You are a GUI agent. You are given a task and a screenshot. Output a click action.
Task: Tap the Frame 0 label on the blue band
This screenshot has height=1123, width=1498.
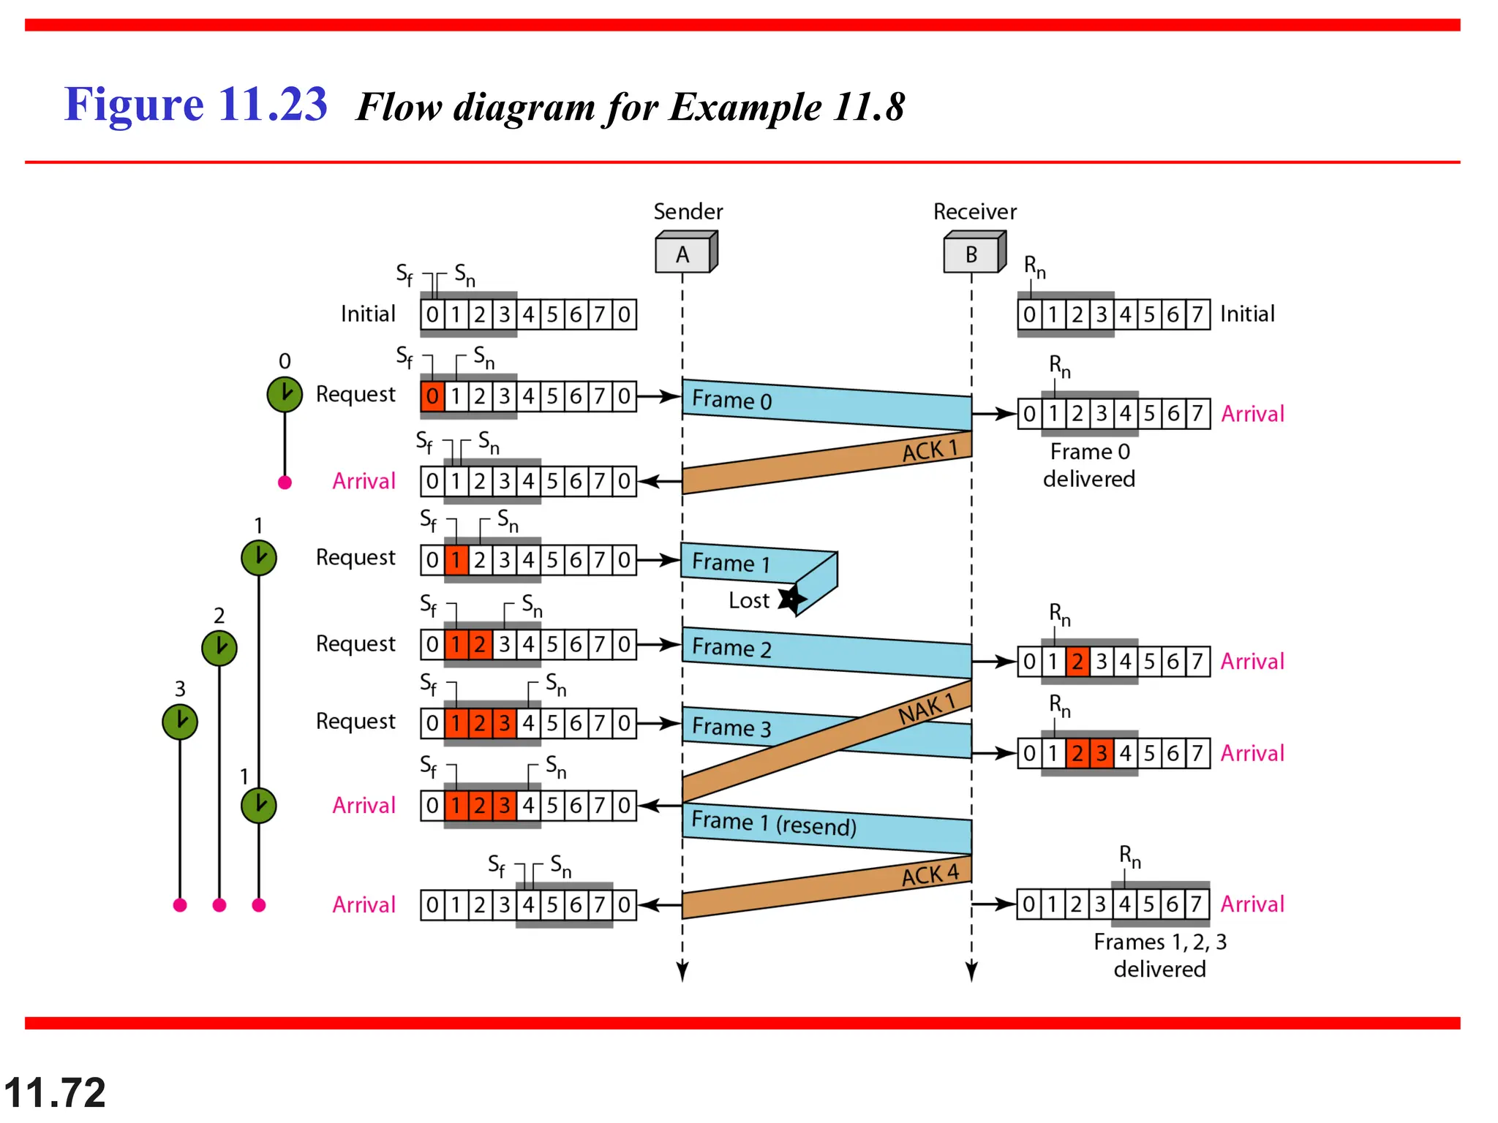pos(731,400)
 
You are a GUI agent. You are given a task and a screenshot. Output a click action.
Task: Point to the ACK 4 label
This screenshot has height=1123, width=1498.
pos(929,874)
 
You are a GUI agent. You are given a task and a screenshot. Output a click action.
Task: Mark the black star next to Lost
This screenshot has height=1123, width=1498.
pos(791,600)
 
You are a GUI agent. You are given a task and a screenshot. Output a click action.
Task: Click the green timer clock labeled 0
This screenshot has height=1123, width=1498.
pos(285,395)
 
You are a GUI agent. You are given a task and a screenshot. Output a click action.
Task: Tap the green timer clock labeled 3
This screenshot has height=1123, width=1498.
pos(180,722)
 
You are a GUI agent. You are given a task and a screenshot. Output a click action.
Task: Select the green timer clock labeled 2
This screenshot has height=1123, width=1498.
pos(219,648)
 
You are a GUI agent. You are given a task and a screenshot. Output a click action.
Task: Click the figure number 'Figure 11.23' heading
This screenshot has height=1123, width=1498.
pos(195,104)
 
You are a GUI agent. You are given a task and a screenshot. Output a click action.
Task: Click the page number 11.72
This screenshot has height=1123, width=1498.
pos(55,1092)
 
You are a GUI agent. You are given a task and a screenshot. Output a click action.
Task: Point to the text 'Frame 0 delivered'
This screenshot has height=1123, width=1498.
pos(1089,465)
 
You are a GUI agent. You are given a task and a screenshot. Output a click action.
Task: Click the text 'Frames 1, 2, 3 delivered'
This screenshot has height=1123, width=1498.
pos(1159,955)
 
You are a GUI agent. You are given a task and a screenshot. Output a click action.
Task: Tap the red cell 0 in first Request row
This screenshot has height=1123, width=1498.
pos(432,396)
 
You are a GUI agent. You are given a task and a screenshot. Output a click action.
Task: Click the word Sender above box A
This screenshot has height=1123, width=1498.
pos(688,211)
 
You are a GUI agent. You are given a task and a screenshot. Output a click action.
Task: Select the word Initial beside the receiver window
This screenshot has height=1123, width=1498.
pos(1247,314)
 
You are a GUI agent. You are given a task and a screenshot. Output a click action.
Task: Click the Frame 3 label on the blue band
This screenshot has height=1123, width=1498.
pos(731,727)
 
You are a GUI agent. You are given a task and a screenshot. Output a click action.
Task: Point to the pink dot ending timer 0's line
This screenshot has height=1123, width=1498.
pos(285,483)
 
